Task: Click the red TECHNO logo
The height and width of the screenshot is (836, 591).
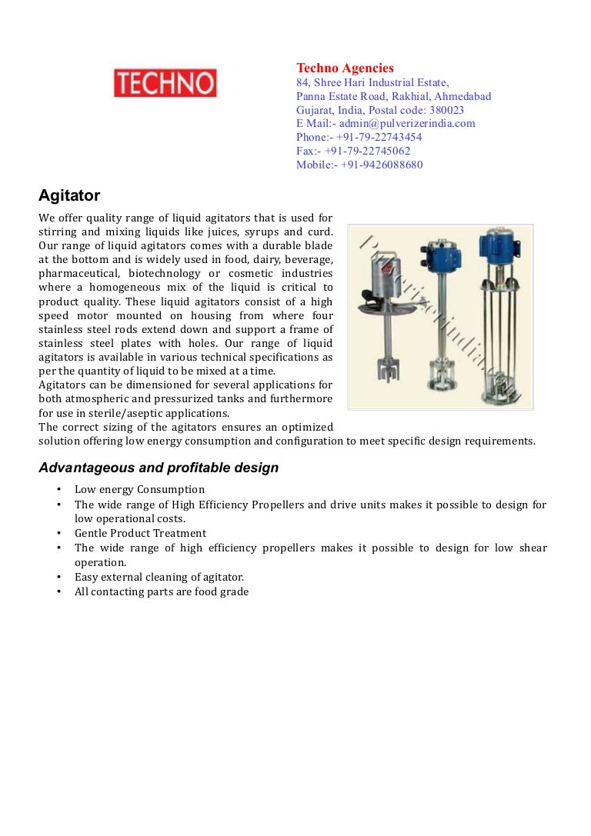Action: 165,83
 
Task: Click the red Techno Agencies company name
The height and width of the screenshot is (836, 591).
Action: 345,68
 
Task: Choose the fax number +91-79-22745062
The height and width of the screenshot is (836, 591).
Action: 367,151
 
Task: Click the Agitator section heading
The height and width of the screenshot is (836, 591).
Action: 69,196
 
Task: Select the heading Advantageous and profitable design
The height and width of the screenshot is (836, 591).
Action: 159,468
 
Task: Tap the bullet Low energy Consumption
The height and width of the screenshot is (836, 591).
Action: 139,490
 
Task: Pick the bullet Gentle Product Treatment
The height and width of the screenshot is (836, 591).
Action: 140,533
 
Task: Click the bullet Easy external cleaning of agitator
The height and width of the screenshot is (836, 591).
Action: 159,577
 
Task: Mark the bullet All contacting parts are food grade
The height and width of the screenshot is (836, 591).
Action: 162,591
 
